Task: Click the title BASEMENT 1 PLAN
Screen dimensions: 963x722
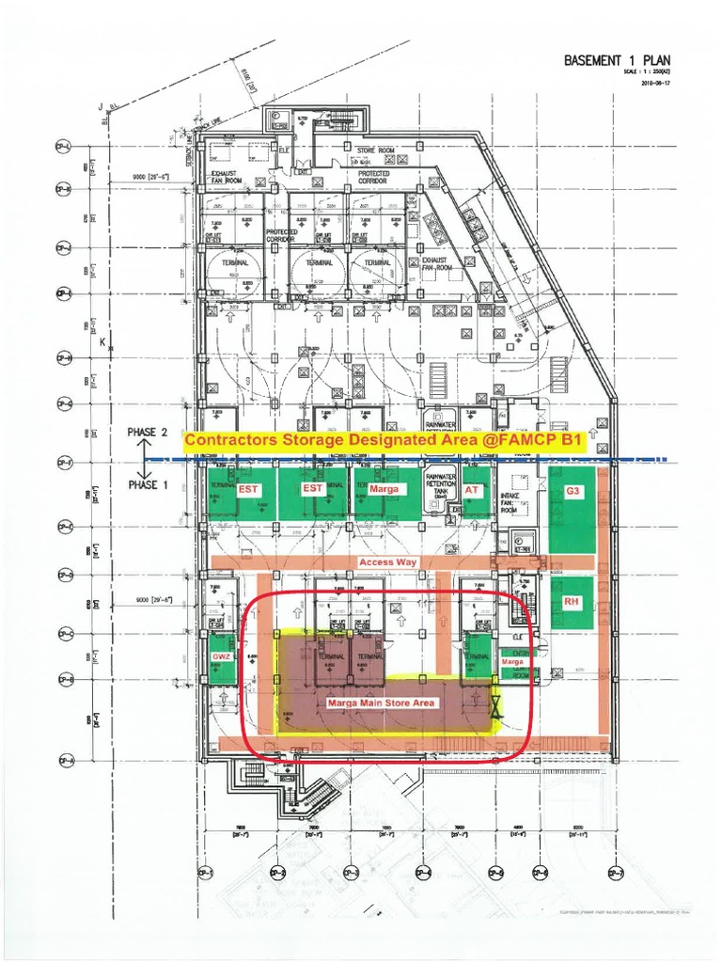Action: click(x=617, y=61)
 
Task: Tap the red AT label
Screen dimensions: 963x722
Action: click(x=473, y=490)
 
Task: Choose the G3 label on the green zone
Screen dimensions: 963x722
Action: click(x=573, y=491)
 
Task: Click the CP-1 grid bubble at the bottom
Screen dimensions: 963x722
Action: click(x=206, y=873)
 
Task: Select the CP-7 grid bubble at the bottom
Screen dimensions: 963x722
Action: click(x=617, y=873)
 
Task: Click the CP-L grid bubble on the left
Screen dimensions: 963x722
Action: click(x=64, y=149)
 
